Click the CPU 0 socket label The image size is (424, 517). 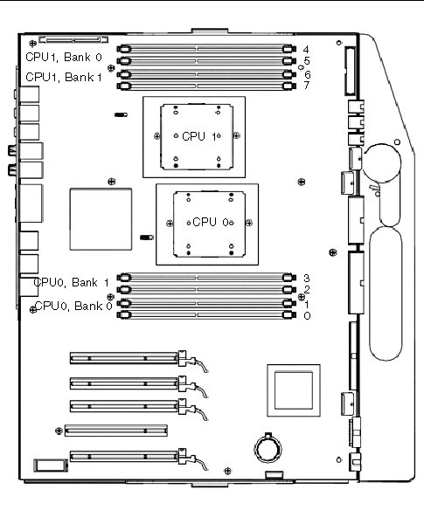point(211,222)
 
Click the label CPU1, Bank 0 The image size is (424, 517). point(64,57)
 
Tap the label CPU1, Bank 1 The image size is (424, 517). point(64,77)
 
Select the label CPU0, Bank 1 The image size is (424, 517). point(72,283)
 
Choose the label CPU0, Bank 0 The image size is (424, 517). point(73,306)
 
